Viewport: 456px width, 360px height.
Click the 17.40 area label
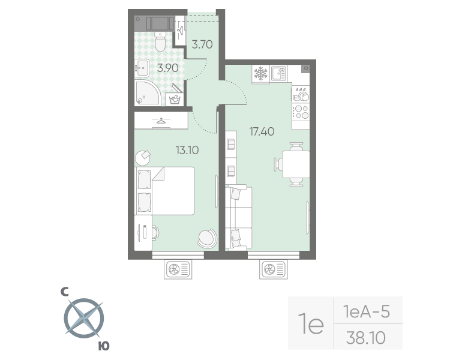[x=262, y=131]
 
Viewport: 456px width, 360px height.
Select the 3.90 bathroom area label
[x=167, y=68]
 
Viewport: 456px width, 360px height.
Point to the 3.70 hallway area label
[x=203, y=43]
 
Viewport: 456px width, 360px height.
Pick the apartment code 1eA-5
[x=366, y=312]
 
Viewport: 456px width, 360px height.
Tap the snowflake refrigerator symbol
[x=260, y=74]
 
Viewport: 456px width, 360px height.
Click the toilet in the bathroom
[x=160, y=43]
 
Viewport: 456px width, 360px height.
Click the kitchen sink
[x=279, y=74]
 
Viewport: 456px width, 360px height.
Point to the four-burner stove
[x=300, y=111]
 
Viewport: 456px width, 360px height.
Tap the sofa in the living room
[x=239, y=217]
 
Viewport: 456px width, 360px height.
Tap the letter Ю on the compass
[x=104, y=346]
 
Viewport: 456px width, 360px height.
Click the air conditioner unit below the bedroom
[x=178, y=269]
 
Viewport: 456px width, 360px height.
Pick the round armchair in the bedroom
[x=206, y=238]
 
